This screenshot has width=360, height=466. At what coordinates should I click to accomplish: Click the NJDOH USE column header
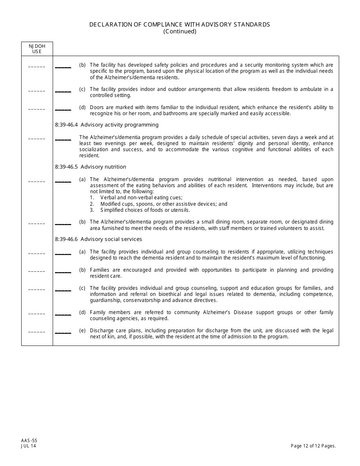37,48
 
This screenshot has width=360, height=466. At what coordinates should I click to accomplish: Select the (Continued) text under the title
180,31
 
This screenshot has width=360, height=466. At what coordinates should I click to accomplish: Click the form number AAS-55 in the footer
29,441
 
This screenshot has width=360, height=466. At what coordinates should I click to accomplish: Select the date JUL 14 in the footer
29,446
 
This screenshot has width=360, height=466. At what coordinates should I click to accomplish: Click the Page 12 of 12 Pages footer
313,446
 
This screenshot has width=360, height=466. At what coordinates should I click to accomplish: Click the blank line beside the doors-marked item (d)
63,109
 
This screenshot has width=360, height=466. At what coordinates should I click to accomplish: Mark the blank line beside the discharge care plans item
63,332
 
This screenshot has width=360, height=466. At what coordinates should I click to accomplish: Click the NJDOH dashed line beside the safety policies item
37,67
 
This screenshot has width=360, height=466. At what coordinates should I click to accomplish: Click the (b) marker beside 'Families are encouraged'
82,270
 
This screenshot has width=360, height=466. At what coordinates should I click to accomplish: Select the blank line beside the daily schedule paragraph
63,139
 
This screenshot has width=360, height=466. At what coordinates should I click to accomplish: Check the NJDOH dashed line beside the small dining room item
37,224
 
